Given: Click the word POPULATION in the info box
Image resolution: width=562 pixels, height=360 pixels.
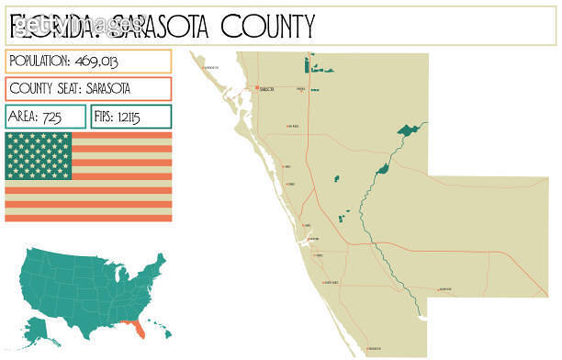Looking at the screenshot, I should tap(39, 61).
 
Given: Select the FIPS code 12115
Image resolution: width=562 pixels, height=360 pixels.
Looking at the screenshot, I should tap(143, 117).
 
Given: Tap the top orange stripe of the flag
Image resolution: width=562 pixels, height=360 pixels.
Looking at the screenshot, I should tap(119, 136).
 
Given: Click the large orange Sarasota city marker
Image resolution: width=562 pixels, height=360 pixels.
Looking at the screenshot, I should tap(256, 88).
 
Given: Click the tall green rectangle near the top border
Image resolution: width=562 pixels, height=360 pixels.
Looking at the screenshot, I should tap(307, 64).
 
